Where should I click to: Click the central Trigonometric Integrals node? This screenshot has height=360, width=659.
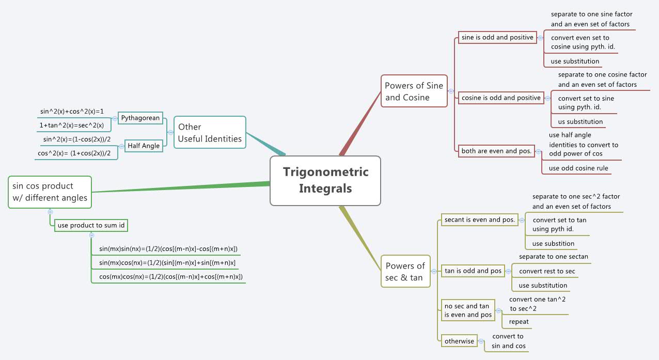[325, 181]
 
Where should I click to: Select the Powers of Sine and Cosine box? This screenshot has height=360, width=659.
[414, 91]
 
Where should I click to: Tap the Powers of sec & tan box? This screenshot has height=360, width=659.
[405, 272]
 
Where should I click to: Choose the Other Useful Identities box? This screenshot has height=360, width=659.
[210, 133]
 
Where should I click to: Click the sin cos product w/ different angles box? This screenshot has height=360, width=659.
[50, 192]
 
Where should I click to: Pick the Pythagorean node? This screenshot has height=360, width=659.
[140, 118]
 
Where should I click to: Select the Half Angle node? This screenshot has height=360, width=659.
[144, 146]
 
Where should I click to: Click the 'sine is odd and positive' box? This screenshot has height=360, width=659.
[497, 38]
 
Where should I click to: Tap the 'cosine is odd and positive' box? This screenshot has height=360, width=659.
[501, 98]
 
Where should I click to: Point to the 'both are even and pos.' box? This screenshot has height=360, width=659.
[496, 151]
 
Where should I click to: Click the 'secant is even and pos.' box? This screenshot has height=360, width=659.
[480, 220]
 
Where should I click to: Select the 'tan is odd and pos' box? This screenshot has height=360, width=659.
[473, 271]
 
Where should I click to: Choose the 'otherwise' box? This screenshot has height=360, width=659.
[459, 341]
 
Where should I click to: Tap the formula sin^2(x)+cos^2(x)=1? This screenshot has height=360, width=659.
[72, 111]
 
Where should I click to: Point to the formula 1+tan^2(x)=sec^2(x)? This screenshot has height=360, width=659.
[72, 125]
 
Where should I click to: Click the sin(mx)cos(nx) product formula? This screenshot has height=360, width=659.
[167, 263]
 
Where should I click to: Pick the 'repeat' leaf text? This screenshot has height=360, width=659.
[519, 321]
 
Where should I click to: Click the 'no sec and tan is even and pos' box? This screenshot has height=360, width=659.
[468, 310]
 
